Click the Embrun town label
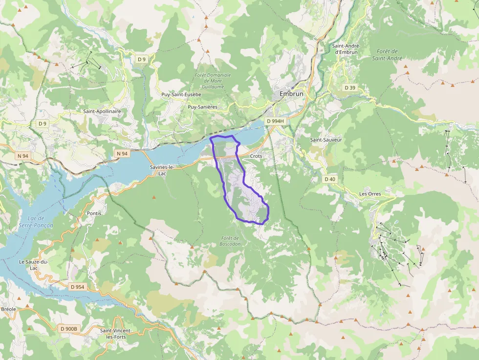(291, 94)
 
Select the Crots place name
(256, 156)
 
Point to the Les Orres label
(370, 193)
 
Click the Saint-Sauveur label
(326, 140)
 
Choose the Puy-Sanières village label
(202, 106)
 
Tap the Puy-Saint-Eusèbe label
(181, 94)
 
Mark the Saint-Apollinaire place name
(102, 111)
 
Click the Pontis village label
(94, 213)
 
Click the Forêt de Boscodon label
(229, 241)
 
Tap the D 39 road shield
(350, 87)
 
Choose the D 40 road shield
(330, 179)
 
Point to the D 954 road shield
(78, 287)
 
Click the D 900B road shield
(69, 329)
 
